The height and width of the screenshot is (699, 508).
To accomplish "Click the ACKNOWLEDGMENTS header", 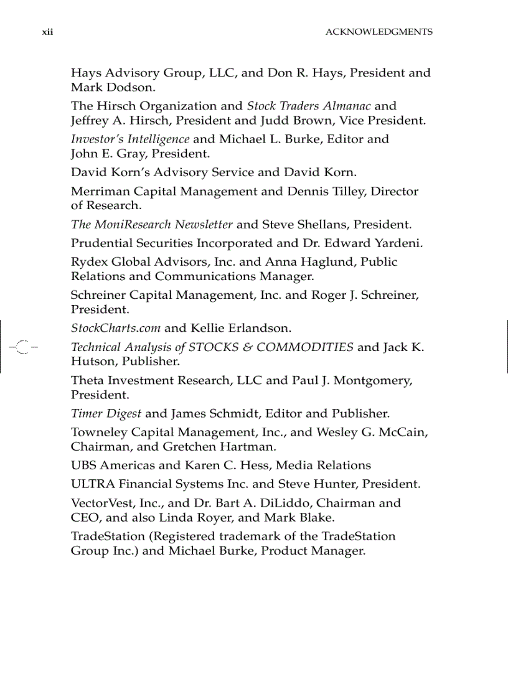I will point(379,32).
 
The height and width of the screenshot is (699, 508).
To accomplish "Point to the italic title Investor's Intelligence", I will point(130,139).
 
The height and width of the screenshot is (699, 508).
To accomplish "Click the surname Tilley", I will point(344,191).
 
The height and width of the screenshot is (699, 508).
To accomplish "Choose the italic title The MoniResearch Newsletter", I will point(152,224).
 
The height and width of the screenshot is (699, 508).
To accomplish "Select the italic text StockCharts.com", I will point(115,327).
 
